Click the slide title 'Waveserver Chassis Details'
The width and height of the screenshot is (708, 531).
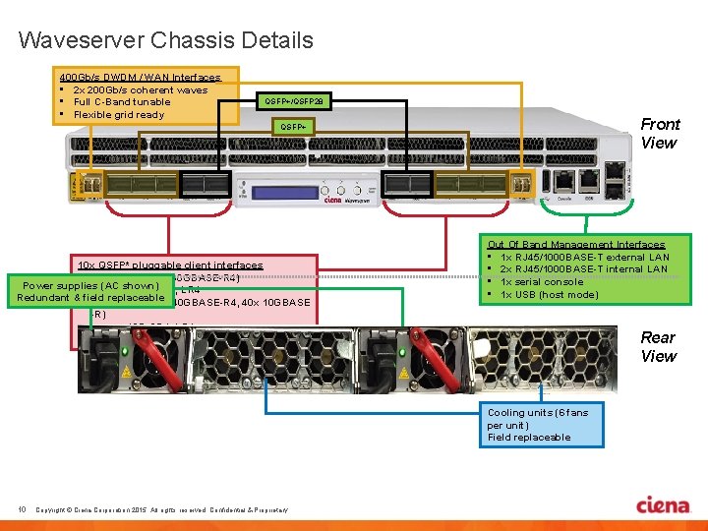pos(165,40)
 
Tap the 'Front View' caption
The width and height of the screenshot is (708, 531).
pos(659,133)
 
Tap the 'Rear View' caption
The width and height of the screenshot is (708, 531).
pos(658,346)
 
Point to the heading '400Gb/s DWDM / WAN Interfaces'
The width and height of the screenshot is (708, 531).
pos(140,77)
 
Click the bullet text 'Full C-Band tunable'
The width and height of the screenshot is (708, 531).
pos(122,102)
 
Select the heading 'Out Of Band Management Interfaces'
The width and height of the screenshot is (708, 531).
pos(576,244)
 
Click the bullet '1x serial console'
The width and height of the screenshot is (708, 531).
pos(542,282)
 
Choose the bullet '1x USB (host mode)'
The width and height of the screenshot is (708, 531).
pos(549,295)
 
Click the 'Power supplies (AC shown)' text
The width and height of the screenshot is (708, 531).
pos(91,285)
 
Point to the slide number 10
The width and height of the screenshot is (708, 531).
pos(21,508)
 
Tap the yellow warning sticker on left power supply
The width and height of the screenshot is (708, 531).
pos(126,374)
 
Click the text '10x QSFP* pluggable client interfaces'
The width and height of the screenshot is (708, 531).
pos(170,265)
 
